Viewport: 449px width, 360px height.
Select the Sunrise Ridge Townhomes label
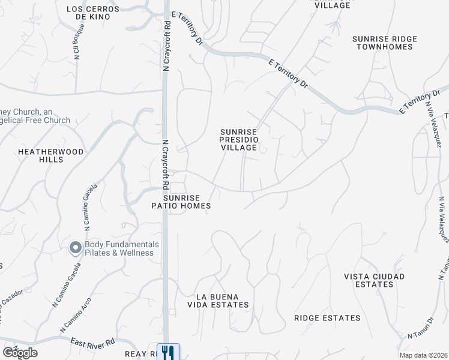click(x=384, y=43)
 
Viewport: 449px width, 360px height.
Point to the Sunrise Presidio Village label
click(x=238, y=139)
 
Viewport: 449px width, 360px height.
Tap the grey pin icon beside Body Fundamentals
click(x=76, y=248)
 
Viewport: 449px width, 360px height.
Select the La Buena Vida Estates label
click(x=222, y=301)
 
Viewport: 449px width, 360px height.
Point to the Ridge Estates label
click(x=327, y=318)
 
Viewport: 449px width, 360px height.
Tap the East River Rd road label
click(x=92, y=342)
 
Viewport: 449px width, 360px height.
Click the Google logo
click(x=19, y=353)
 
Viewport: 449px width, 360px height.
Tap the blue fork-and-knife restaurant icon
click(x=168, y=352)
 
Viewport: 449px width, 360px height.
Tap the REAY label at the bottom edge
click(x=140, y=355)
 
